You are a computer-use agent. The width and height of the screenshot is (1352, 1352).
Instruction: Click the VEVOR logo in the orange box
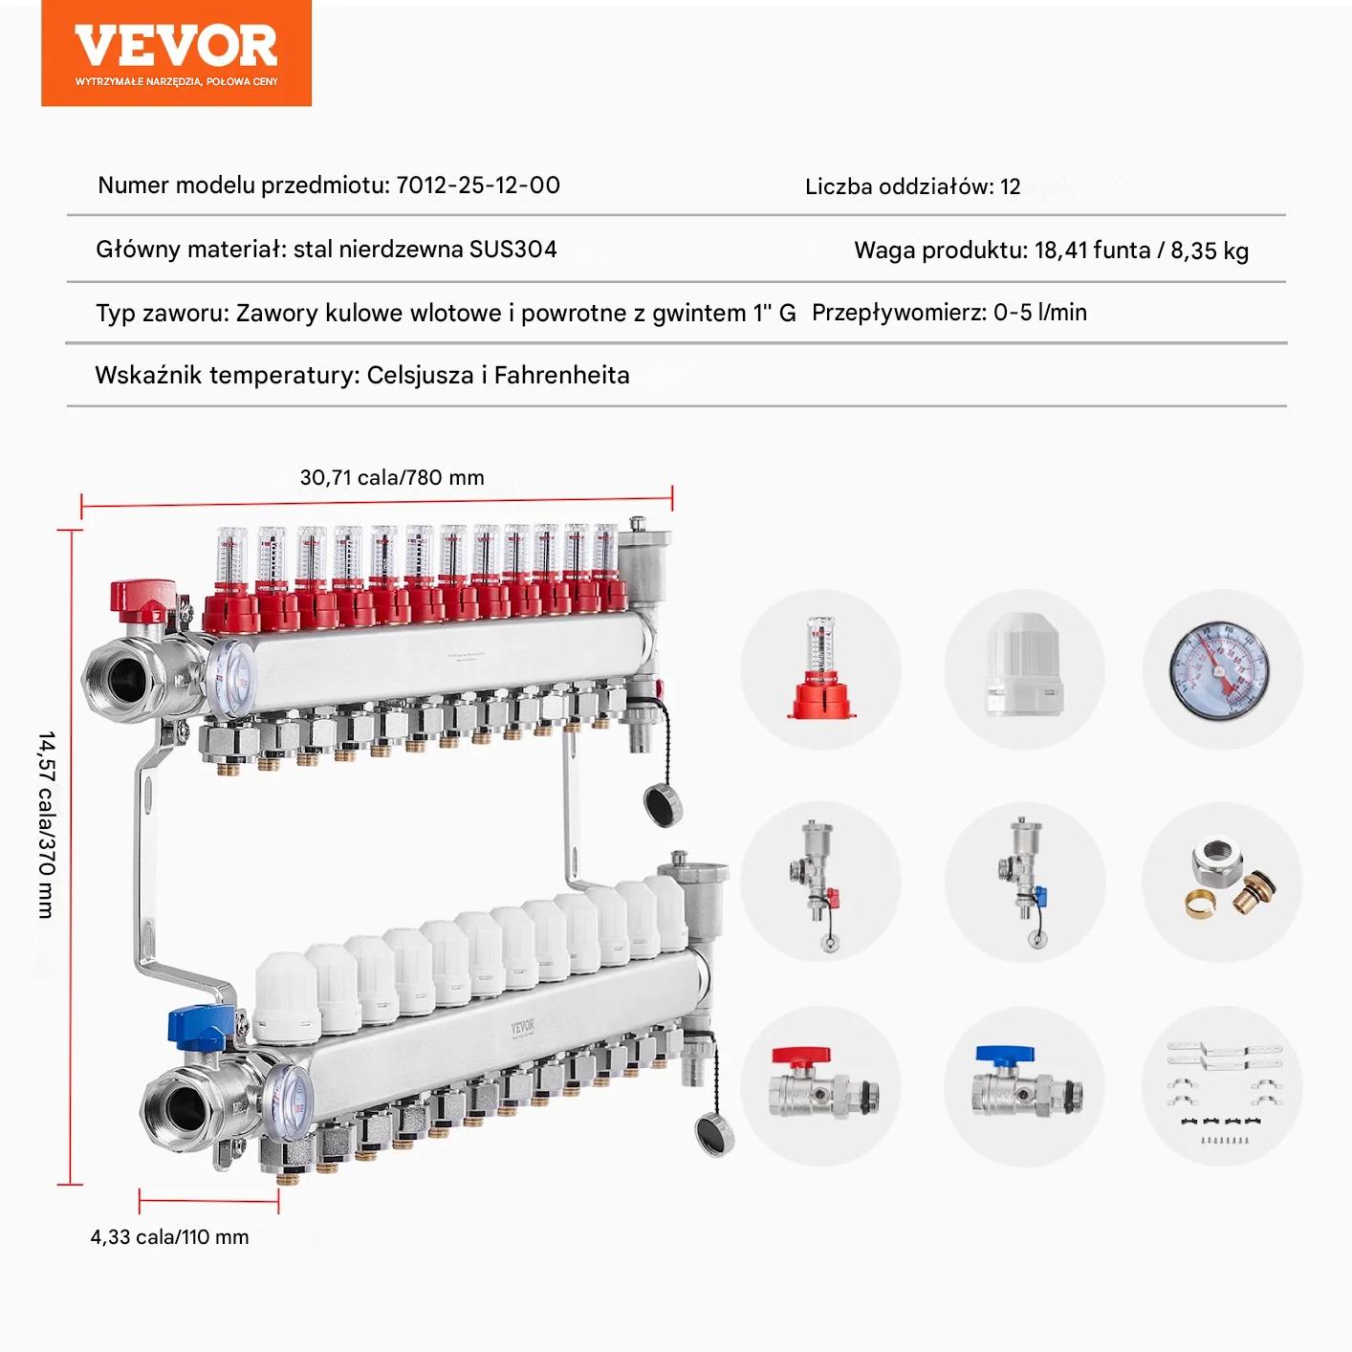pyautogui.click(x=175, y=46)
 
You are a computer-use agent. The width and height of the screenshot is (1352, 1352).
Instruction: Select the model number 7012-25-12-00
pyautogui.click(x=478, y=185)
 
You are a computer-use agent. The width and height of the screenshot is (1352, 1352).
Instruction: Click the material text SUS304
pyautogui.click(x=512, y=249)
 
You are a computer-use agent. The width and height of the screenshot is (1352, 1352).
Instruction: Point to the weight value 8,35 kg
pyautogui.click(x=1210, y=251)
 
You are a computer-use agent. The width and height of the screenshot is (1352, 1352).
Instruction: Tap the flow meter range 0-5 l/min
pyautogui.click(x=1039, y=313)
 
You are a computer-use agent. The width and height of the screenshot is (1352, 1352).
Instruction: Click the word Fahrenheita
pyautogui.click(x=561, y=376)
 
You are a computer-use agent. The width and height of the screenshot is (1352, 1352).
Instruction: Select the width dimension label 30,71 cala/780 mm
pyautogui.click(x=392, y=477)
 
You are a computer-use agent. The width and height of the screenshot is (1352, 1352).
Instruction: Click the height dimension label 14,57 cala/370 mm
pyautogui.click(x=46, y=825)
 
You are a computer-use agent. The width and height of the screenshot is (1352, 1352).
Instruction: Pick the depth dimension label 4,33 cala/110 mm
pyautogui.click(x=170, y=1236)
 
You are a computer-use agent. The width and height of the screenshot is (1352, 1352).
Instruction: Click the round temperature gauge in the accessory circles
pyautogui.click(x=1219, y=670)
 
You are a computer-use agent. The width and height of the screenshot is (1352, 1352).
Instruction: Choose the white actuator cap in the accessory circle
pyautogui.click(x=1024, y=663)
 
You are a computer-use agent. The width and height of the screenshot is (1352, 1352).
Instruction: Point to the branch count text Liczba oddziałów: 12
pyautogui.click(x=912, y=186)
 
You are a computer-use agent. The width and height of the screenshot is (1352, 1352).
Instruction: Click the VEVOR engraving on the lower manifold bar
pyautogui.click(x=523, y=1027)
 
